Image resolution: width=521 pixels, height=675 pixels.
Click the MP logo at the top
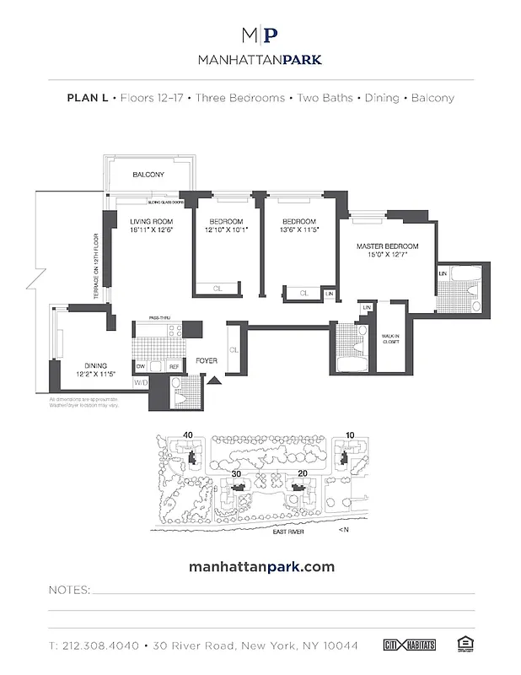click(x=260, y=35)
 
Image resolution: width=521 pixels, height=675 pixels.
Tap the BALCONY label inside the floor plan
click(x=148, y=175)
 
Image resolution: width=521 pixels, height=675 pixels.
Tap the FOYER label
click(x=207, y=360)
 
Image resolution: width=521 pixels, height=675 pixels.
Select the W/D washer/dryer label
click(x=139, y=382)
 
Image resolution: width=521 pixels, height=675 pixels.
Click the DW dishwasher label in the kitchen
click(x=141, y=365)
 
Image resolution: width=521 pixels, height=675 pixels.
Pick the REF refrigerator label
click(x=175, y=365)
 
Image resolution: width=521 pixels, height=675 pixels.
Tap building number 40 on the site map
click(x=187, y=435)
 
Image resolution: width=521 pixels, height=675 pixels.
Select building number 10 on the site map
click(x=350, y=435)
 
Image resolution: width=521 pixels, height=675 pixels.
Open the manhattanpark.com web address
click(x=260, y=566)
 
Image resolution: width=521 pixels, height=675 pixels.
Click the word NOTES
click(x=67, y=589)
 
